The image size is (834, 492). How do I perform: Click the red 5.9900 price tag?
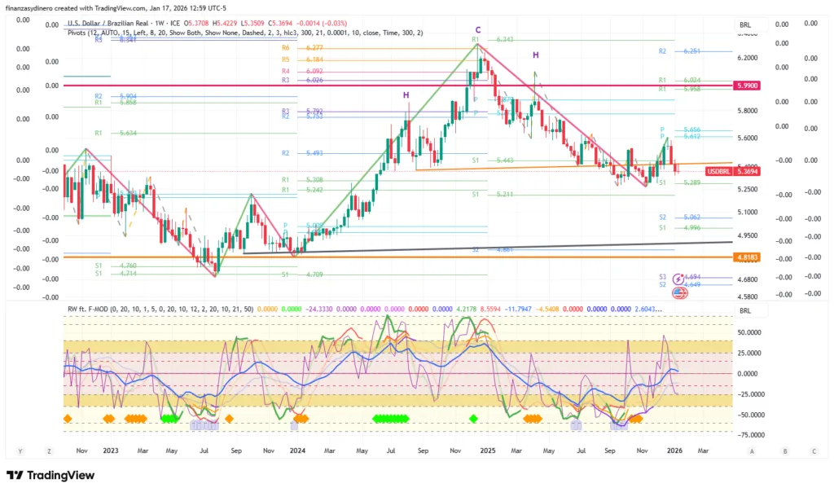tap(747, 86)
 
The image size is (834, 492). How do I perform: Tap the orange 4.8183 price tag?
tap(747, 257)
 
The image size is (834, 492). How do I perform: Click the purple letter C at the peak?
tap(478, 30)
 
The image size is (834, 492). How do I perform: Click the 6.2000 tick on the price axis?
tap(748, 59)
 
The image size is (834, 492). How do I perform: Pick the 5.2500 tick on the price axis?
tap(748, 189)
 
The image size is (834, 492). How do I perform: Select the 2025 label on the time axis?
tap(487, 450)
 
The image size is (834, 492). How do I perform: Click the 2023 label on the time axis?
tap(111, 450)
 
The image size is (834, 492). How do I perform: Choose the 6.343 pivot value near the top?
tap(504, 39)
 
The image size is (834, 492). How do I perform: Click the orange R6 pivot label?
tap(286, 49)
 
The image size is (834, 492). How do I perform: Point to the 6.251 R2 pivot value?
tap(692, 51)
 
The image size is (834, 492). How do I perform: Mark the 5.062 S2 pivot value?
tap(692, 217)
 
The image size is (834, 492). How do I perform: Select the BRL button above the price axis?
tap(744, 24)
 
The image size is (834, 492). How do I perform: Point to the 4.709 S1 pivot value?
tap(314, 275)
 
